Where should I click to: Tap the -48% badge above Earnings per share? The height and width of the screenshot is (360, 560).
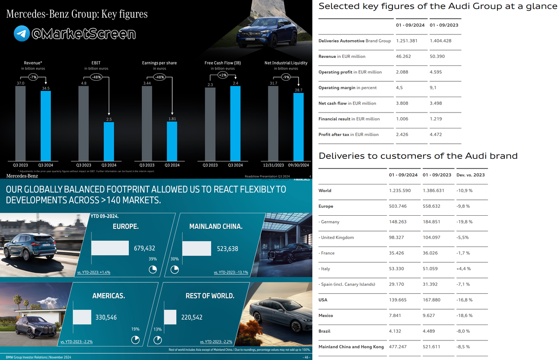pyautogui.click(x=160, y=78)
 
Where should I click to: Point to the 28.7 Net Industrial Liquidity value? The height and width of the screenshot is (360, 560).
pyautogui.click(x=299, y=89)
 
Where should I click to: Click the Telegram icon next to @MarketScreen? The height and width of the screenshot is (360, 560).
pyautogui.click(x=21, y=34)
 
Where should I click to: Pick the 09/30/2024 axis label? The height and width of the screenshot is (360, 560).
pyautogui.click(x=299, y=165)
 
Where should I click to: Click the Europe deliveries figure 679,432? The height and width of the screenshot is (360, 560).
pyautogui.click(x=145, y=248)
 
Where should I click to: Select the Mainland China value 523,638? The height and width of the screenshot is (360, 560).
pyautogui.click(x=228, y=248)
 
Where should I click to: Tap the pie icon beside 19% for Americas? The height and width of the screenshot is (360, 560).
pyautogui.click(x=136, y=339)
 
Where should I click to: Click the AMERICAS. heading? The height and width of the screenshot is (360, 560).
pyautogui.click(x=108, y=296)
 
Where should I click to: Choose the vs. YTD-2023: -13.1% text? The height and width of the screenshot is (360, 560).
pyautogui.click(x=231, y=272)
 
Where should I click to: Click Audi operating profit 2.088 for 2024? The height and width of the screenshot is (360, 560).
pyautogui.click(x=402, y=72)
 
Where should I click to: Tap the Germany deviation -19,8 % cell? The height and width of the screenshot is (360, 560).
pyautogui.click(x=464, y=222)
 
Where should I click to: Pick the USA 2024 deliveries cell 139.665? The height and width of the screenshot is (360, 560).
pyautogui.click(x=399, y=300)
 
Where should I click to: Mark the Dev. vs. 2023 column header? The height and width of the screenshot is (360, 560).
pyautogui.click(x=471, y=175)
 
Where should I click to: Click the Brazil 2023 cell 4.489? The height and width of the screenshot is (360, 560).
pyautogui.click(x=431, y=331)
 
